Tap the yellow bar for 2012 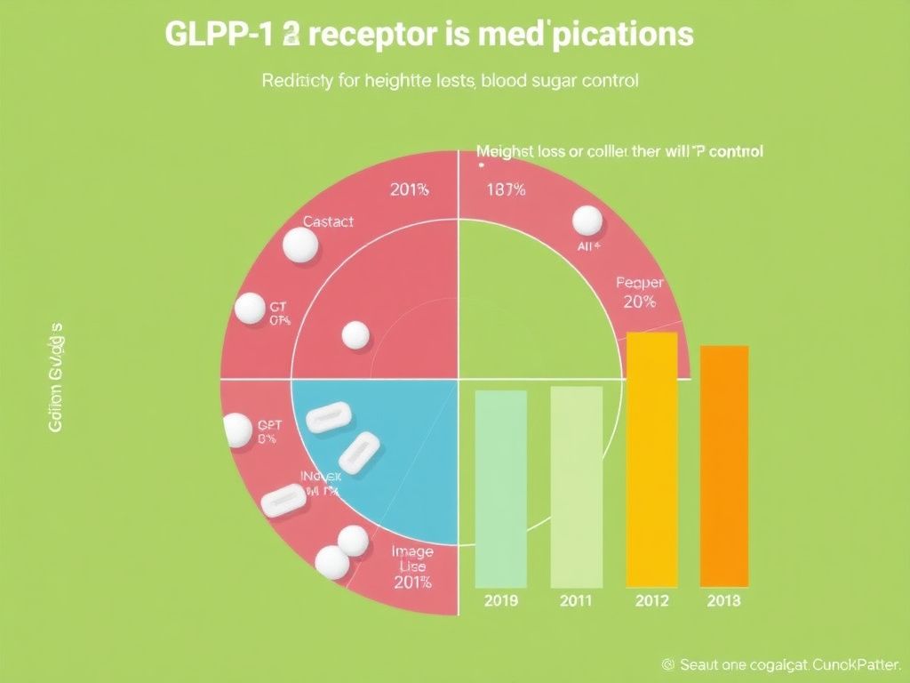[x=651, y=458]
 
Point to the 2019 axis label [x=500, y=601]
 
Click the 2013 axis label [x=723, y=601]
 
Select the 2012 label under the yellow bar [x=651, y=601]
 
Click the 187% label [x=506, y=189]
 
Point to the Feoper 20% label [x=639, y=293]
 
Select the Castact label [x=328, y=221]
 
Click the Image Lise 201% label [x=411, y=566]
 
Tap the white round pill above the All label [x=587, y=221]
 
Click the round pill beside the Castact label [x=299, y=245]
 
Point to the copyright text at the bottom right [x=783, y=664]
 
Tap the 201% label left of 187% [x=409, y=189]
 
